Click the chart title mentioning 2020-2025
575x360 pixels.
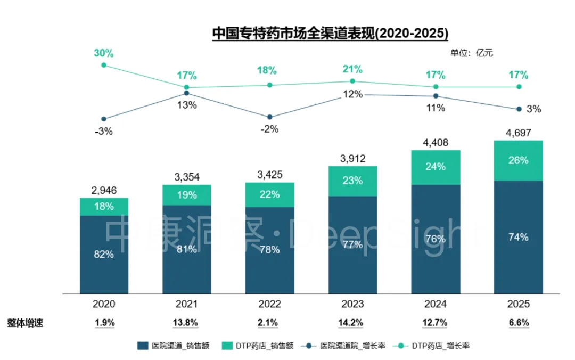tap(330, 34)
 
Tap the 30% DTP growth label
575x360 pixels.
tap(104, 53)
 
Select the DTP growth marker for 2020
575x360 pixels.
tap(104, 65)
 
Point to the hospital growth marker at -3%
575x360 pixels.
tap(104, 119)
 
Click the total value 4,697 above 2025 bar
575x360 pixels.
tap(519, 132)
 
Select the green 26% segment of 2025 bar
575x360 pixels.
tap(519, 160)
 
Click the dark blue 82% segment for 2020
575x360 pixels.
tap(104, 255)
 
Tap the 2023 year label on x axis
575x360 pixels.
tap(352, 304)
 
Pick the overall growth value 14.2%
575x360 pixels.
tap(352, 323)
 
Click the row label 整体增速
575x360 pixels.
tap(25, 323)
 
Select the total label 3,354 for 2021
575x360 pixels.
tap(187, 176)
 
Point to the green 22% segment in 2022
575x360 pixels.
tap(270, 194)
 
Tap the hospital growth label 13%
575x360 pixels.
tap(187, 105)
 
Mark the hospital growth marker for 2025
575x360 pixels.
tap(519, 109)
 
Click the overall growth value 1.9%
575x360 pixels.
tap(104, 323)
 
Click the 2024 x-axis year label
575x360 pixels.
tap(436, 304)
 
